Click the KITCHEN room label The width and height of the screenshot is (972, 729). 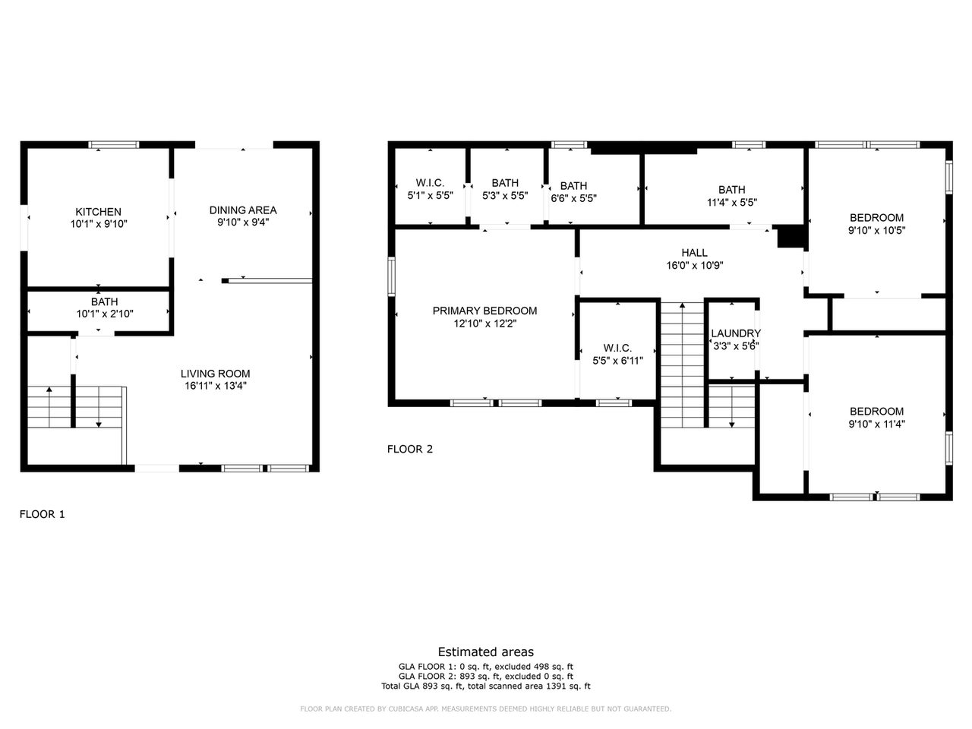[98, 212]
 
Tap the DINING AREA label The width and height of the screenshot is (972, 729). [243, 210]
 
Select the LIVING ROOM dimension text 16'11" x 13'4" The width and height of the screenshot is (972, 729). [215, 386]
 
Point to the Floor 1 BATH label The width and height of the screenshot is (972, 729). [105, 302]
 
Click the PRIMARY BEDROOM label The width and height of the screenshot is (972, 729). [484, 311]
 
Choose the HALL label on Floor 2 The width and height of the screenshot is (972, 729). [694, 253]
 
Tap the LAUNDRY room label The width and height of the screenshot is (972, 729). [735, 333]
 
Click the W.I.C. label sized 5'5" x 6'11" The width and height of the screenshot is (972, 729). [617, 348]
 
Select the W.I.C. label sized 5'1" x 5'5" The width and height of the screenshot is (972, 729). [430, 183]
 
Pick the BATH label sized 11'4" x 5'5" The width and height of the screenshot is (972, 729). [731, 190]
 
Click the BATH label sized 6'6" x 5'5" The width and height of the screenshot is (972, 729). [573, 186]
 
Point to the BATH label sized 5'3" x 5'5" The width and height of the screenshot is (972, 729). [505, 183]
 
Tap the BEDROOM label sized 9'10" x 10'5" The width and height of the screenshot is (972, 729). [876, 218]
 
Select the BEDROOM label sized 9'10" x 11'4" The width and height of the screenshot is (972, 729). [876, 412]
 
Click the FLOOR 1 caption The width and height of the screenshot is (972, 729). [43, 514]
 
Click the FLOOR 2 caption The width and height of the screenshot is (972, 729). [410, 449]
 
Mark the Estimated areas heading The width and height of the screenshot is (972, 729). [486, 652]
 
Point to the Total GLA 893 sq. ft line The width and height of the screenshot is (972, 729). [486, 686]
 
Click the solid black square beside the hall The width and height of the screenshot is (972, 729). [791, 237]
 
